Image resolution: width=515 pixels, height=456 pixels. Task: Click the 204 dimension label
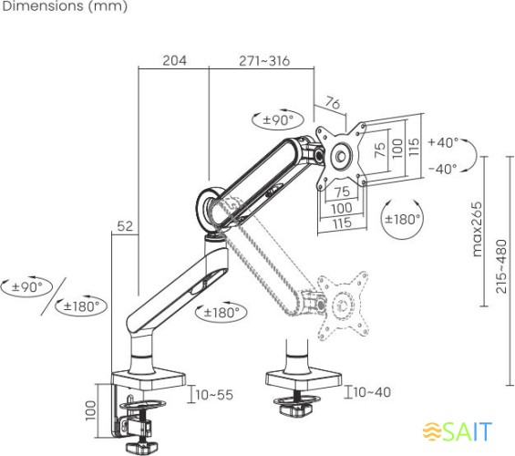(174, 60)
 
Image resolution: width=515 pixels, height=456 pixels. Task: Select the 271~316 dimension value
(264, 61)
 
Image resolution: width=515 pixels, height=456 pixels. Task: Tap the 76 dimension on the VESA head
(333, 103)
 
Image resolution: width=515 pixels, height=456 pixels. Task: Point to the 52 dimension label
(125, 226)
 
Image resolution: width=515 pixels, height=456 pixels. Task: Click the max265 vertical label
(477, 229)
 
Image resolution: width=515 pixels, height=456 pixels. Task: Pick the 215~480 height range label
(501, 266)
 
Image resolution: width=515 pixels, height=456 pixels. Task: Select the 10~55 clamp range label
(214, 395)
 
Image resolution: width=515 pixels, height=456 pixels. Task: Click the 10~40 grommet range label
(373, 392)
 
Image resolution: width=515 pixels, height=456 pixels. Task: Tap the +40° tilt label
(443, 142)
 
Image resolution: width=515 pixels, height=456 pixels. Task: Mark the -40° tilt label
(443, 169)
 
